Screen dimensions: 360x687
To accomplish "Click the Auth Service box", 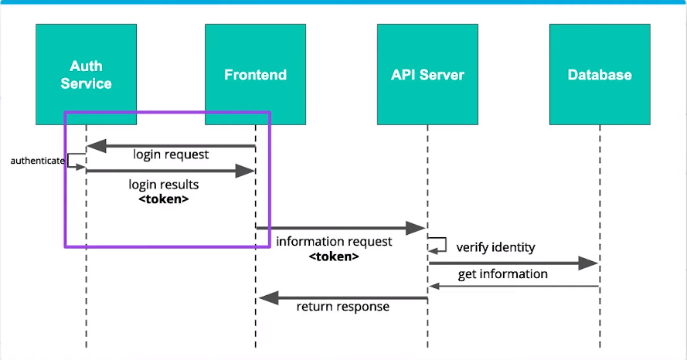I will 86,74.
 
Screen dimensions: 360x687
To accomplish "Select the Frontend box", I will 255,74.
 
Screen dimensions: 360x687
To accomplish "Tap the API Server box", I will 427,74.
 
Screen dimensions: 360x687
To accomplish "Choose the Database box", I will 599,74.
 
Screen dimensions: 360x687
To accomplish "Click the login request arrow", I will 170,145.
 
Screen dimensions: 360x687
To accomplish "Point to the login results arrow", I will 170,171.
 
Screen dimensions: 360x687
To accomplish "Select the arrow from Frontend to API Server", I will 340,228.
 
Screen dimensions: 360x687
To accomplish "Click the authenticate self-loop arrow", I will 74,160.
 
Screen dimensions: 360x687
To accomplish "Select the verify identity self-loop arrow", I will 440,244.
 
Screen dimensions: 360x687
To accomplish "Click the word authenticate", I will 36,161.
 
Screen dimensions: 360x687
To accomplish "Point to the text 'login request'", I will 171,155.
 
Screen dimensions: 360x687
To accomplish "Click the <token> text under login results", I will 163,199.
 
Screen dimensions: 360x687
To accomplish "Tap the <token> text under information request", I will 334,256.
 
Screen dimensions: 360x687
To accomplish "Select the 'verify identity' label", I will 495,247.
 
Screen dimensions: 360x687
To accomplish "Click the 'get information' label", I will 502,274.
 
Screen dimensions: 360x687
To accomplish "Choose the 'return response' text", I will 343,307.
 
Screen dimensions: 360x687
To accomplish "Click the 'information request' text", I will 334,242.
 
